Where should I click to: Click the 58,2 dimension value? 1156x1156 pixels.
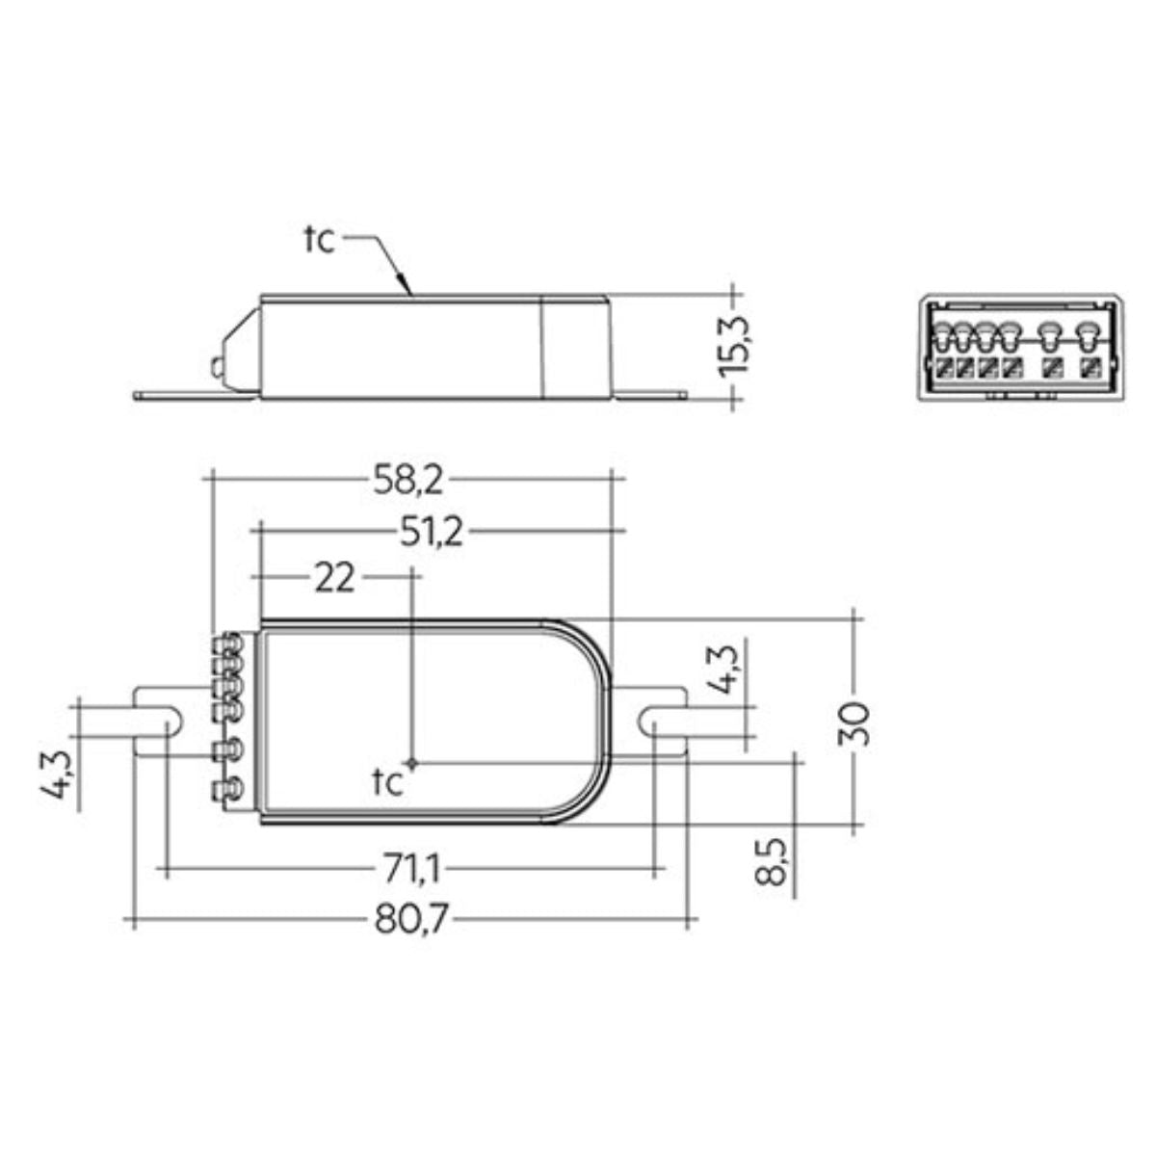point(408,479)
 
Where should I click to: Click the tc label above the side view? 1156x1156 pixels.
point(318,239)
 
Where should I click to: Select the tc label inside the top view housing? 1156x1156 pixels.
point(386,783)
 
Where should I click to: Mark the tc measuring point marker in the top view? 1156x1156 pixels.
point(414,763)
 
